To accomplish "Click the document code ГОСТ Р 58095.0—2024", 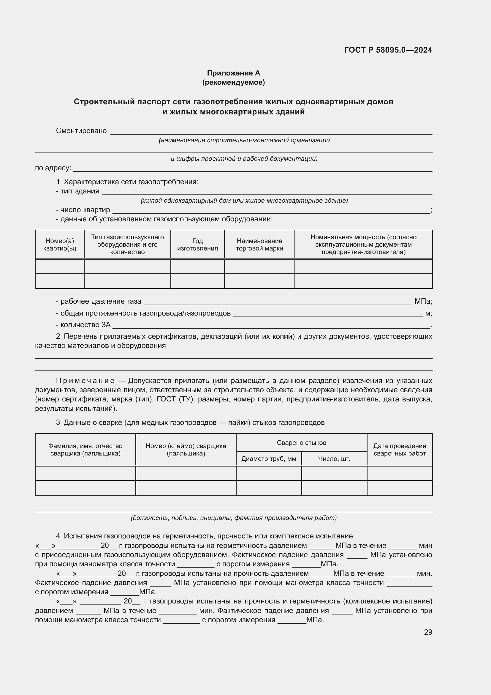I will [x=388, y=50].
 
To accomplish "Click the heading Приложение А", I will [x=233, y=73].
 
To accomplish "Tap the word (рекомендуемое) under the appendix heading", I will [x=233, y=82].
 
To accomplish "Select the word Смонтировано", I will [x=81, y=131].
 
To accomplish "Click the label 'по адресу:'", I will [x=53, y=168].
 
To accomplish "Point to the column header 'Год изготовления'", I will [x=197, y=245].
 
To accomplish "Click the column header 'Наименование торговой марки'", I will [x=259, y=245].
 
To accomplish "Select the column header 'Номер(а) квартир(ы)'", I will [x=60, y=245].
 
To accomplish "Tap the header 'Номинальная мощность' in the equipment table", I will [x=363, y=245].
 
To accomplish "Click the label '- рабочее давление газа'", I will [x=99, y=302].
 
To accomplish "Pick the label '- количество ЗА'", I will [x=83, y=325].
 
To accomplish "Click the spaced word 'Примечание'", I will [x=85, y=381].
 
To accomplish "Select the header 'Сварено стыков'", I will [x=301, y=443].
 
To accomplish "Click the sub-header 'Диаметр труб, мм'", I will [x=268, y=459].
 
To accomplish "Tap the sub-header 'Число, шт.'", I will [x=334, y=459].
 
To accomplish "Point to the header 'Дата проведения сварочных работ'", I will [x=399, y=450].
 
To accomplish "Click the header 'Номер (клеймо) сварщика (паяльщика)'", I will [x=186, y=450].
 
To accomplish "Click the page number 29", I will [x=428, y=632].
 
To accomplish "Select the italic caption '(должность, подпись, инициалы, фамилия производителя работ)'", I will [x=233, y=518].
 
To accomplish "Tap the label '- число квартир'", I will [x=83, y=210].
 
